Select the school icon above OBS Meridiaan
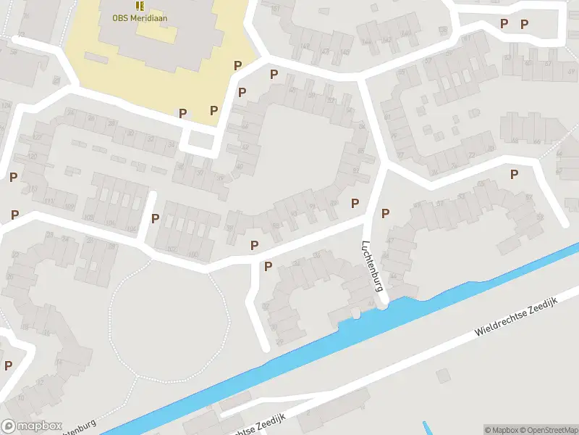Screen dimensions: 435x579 click(139, 6)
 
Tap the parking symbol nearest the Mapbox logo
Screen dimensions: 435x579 click(8, 365)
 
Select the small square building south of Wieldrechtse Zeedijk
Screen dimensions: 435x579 click(444, 376)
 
